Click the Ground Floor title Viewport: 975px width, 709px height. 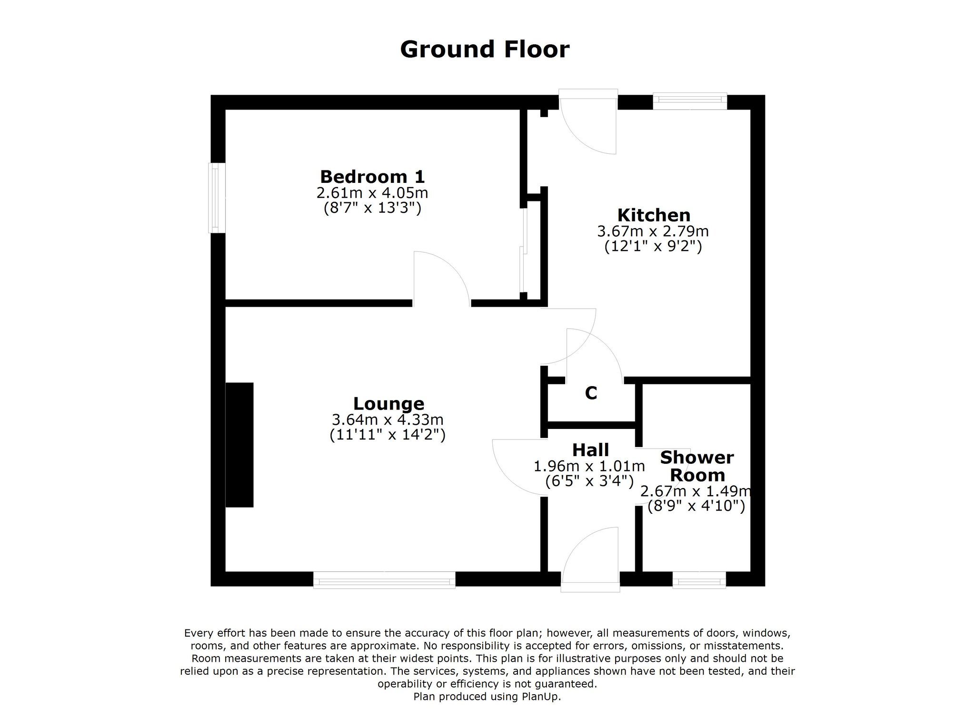click(x=485, y=50)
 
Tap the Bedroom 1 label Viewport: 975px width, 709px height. click(x=372, y=177)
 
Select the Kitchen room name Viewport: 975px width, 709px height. click(x=654, y=215)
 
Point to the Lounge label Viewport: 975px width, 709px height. click(x=388, y=404)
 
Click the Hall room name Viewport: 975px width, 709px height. click(x=590, y=449)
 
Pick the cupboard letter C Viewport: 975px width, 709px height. click(x=591, y=393)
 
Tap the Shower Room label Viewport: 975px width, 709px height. click(x=697, y=466)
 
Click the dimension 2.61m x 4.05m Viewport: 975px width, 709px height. click(x=372, y=193)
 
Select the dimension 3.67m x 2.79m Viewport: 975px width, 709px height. click(x=653, y=231)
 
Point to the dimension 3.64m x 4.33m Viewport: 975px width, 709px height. click(x=388, y=419)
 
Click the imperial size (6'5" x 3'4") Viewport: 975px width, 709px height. click(x=589, y=481)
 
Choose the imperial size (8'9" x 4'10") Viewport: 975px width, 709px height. click(x=696, y=506)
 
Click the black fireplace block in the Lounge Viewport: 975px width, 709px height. click(x=239, y=445)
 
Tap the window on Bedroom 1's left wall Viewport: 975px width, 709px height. click(x=217, y=198)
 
